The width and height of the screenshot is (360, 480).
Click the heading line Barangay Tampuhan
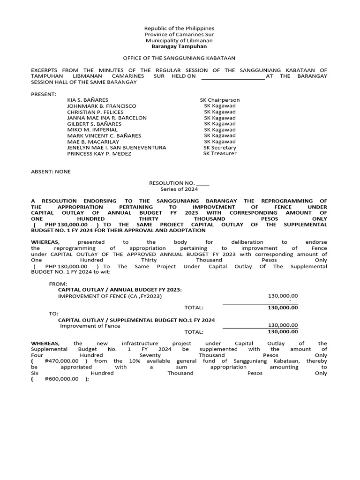point(179,46)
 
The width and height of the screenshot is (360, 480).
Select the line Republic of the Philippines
point(179,29)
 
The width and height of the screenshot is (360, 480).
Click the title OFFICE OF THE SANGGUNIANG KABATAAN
point(179,58)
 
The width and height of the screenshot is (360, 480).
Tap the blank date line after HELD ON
point(232,76)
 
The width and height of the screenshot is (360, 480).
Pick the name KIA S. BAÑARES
point(88,100)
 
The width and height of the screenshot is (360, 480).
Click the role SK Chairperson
point(220,100)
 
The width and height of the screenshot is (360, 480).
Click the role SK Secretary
point(220,148)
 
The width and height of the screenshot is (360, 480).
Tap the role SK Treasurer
point(220,154)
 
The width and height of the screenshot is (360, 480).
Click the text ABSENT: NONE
point(51,172)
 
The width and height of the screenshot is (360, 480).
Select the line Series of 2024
point(179,189)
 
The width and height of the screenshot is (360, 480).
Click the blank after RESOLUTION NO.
point(203,183)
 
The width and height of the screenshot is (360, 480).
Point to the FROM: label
point(58,284)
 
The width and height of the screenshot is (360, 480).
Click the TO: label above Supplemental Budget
point(53,314)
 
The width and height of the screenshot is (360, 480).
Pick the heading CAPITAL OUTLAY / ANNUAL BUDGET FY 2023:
point(120,290)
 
